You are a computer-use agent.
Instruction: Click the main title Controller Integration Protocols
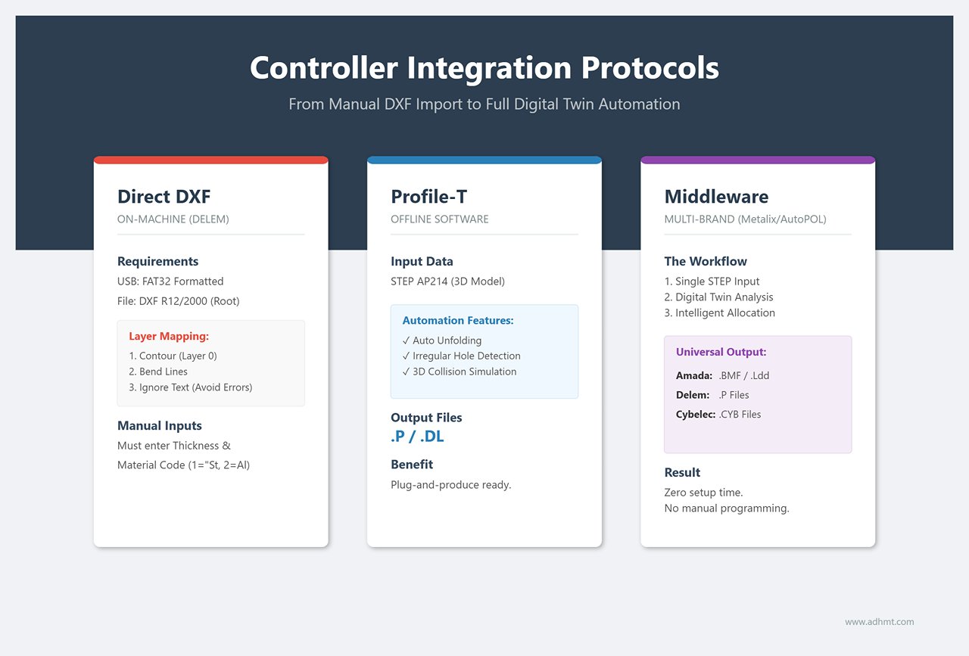pyautogui.click(x=484, y=68)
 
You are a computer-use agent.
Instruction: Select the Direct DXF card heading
pyautogui.click(x=164, y=197)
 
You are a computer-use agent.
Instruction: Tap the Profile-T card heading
pyautogui.click(x=428, y=197)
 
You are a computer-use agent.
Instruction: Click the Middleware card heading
pyautogui.click(x=716, y=197)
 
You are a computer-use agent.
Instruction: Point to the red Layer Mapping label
pyautogui.click(x=169, y=336)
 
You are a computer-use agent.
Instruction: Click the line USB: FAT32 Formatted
pyautogui.click(x=170, y=281)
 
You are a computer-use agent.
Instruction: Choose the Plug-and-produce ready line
pyautogui.click(x=450, y=484)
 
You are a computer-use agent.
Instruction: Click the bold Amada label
pyautogui.click(x=693, y=375)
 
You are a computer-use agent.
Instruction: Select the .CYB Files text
pyautogui.click(x=740, y=415)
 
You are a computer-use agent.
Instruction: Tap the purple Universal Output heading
pyautogui.click(x=721, y=352)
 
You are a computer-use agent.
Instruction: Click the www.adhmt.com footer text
pyautogui.click(x=879, y=622)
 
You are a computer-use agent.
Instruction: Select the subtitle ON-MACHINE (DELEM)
pyautogui.click(x=173, y=219)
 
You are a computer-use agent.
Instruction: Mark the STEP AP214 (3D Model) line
pyautogui.click(x=447, y=281)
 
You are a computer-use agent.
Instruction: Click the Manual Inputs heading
pyautogui.click(x=159, y=426)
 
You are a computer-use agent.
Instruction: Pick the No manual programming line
pyautogui.click(x=726, y=508)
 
